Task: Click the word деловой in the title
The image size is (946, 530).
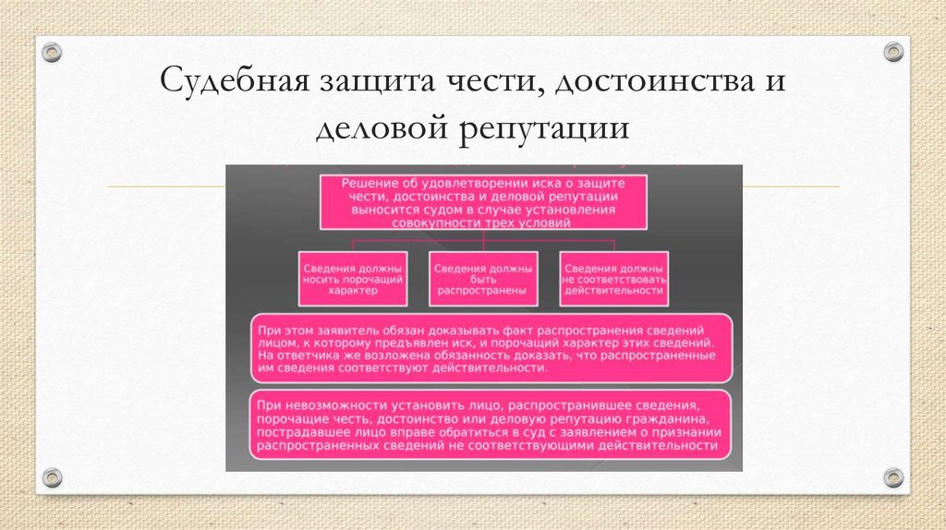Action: click(378, 127)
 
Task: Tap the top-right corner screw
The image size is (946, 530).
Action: click(892, 52)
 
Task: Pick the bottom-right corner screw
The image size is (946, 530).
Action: click(892, 476)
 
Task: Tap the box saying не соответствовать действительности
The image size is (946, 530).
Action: click(612, 279)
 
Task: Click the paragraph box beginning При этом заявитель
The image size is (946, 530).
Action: click(491, 348)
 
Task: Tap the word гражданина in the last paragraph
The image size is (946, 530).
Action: click(670, 418)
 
